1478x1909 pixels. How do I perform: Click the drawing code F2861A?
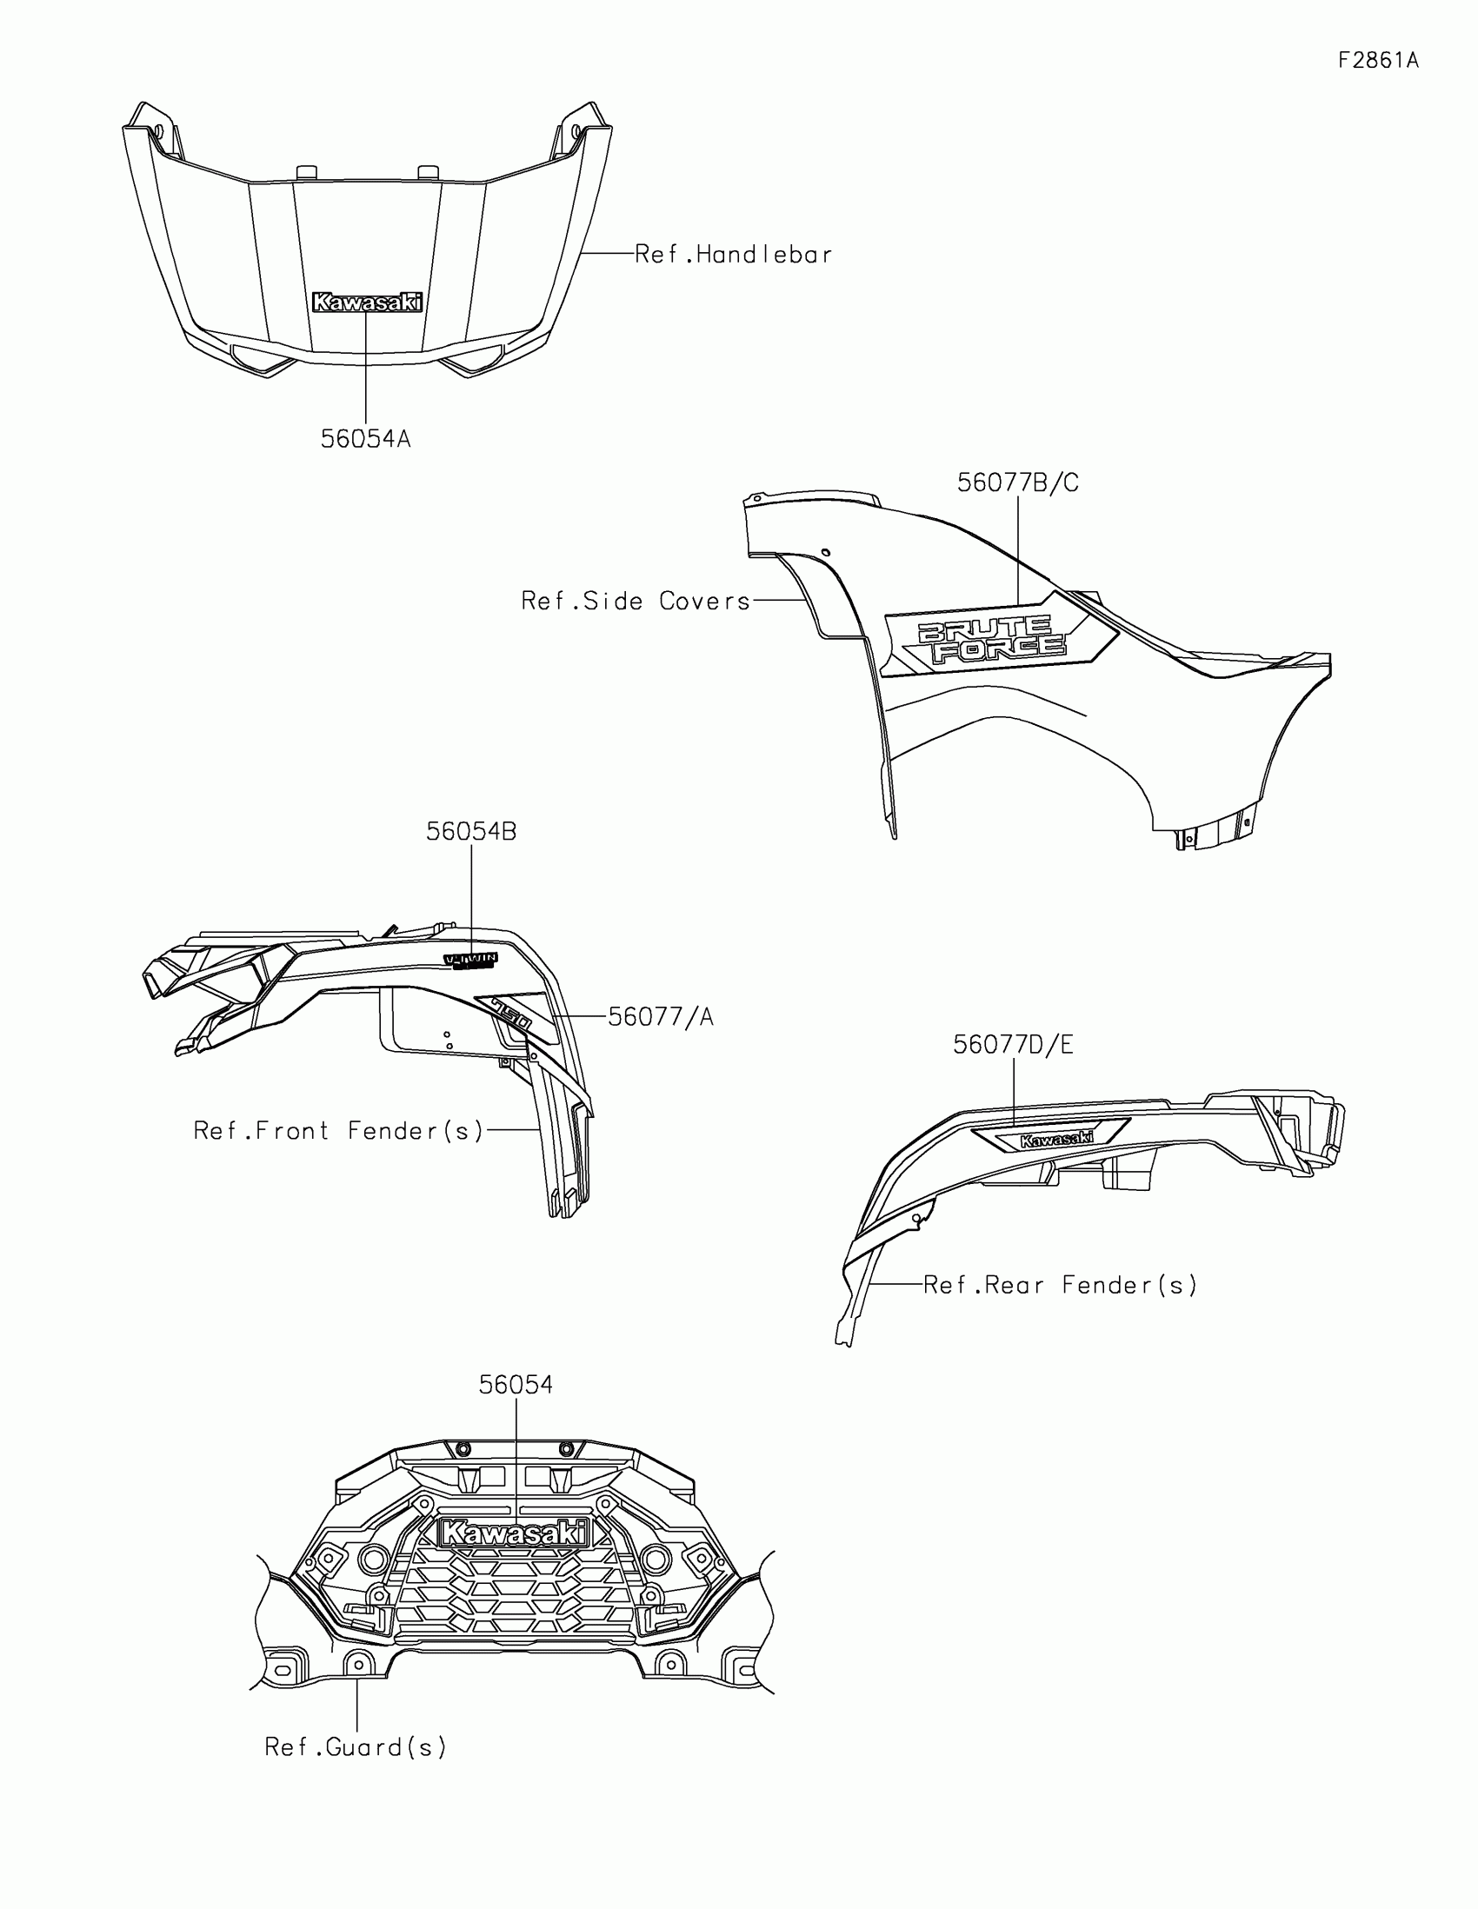(x=1377, y=60)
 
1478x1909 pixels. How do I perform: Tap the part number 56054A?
(x=365, y=439)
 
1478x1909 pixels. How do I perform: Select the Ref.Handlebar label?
(x=733, y=255)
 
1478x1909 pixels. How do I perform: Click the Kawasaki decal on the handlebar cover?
(x=367, y=303)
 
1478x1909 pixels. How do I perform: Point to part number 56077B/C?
(x=1017, y=482)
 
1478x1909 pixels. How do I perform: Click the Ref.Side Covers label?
(x=636, y=602)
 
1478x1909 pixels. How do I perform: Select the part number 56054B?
(x=471, y=831)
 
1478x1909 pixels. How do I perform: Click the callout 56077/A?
(x=661, y=1016)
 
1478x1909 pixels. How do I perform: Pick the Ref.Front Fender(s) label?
(x=338, y=1131)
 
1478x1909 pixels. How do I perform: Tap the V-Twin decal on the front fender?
(x=470, y=961)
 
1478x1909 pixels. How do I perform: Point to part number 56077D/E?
(x=1013, y=1045)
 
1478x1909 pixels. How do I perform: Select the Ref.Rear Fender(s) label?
(x=1060, y=1285)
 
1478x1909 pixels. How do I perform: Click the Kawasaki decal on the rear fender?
(x=1055, y=1139)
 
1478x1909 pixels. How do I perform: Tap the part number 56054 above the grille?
(x=516, y=1386)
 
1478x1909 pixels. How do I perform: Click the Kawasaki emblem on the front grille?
(x=515, y=1533)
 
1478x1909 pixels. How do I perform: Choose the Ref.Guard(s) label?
(x=356, y=1747)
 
